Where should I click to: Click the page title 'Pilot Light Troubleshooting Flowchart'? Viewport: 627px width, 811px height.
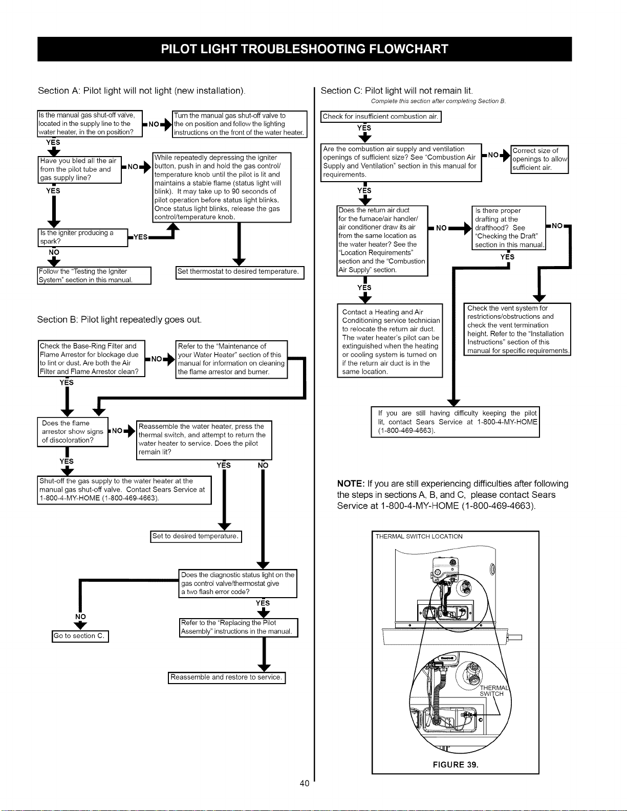coord(304,49)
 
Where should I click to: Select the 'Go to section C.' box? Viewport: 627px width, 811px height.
coord(80,636)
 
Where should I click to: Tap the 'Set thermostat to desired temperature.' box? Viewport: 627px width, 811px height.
coord(240,272)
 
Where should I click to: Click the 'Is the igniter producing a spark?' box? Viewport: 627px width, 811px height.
coord(83,238)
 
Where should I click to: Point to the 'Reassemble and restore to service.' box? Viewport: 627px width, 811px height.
coord(227,677)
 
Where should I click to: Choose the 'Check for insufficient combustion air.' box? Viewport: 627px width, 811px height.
coord(381,117)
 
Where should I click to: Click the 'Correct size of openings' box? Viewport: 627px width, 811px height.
coord(539,159)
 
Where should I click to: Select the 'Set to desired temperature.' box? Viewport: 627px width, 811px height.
coord(196,536)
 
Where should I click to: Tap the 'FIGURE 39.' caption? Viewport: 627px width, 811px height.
coord(456,765)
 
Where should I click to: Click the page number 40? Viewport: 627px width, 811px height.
coord(305,783)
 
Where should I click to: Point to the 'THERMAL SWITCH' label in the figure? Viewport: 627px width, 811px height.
coord(494,691)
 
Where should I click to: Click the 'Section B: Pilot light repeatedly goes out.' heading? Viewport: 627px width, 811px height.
coord(119,319)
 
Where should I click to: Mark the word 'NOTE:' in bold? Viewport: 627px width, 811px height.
coord(351,484)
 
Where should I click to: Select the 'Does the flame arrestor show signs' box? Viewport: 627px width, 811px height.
coord(73,432)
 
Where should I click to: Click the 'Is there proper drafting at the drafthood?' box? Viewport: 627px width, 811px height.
coord(509,228)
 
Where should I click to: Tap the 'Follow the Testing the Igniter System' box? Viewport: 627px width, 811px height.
coord(94,275)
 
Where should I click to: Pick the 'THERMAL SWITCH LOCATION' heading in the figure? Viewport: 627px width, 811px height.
coord(419,536)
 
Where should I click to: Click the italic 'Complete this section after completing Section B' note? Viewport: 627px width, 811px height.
coord(438,101)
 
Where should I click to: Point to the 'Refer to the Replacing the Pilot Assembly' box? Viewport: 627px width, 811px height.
coord(239,627)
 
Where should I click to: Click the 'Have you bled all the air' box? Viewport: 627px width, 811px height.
coord(80,170)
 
